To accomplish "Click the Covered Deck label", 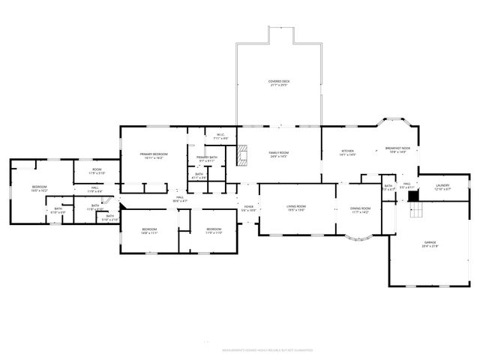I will (279, 82).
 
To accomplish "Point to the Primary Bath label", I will (207, 159).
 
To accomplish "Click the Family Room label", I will (279, 154).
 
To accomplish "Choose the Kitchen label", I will (348, 152).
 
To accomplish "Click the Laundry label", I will (442, 187).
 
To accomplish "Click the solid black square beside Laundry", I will (412, 196).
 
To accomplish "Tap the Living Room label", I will (296, 208).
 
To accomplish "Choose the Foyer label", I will (249, 209).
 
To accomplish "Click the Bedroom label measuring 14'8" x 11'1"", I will (150, 230).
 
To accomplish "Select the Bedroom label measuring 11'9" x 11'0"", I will (214, 230).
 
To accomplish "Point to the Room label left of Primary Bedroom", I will (97, 171).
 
